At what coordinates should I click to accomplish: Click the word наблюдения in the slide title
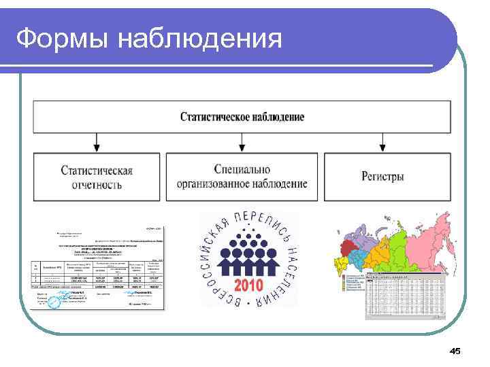point(199,39)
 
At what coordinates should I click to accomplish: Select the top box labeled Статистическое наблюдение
point(242,117)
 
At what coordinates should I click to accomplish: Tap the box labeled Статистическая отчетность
point(96,177)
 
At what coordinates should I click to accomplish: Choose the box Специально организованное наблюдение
point(242,177)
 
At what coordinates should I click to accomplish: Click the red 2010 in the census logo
point(250,283)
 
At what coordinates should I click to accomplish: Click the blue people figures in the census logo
point(250,255)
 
